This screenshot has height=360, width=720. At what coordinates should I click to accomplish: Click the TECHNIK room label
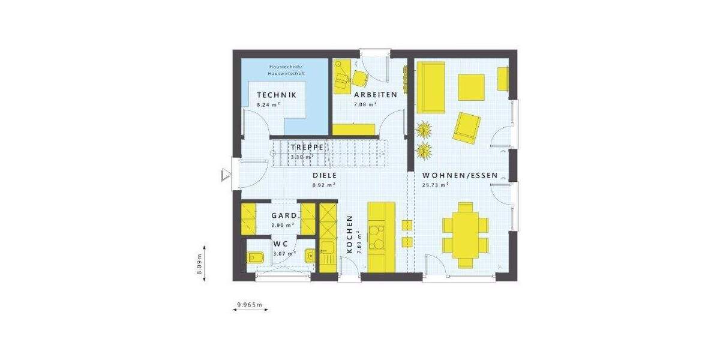pos(277,95)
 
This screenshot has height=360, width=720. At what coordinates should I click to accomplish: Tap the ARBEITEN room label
pos(376,95)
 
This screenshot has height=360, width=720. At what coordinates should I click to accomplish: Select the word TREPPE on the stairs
pos(308,147)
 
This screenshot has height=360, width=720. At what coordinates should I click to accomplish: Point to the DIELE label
pos(324,175)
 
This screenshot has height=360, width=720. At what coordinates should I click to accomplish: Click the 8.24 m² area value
pos(269,104)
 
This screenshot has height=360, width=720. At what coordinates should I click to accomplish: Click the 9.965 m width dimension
pos(250,305)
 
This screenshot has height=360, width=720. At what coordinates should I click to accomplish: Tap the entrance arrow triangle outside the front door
pos(225,175)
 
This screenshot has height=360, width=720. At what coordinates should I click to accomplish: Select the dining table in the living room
pos(465,234)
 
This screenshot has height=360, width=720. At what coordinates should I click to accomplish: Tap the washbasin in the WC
pos(310,255)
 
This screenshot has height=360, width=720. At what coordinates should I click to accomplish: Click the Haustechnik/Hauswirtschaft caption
pos(287,70)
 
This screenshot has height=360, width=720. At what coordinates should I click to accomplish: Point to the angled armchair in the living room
pos(466,127)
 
